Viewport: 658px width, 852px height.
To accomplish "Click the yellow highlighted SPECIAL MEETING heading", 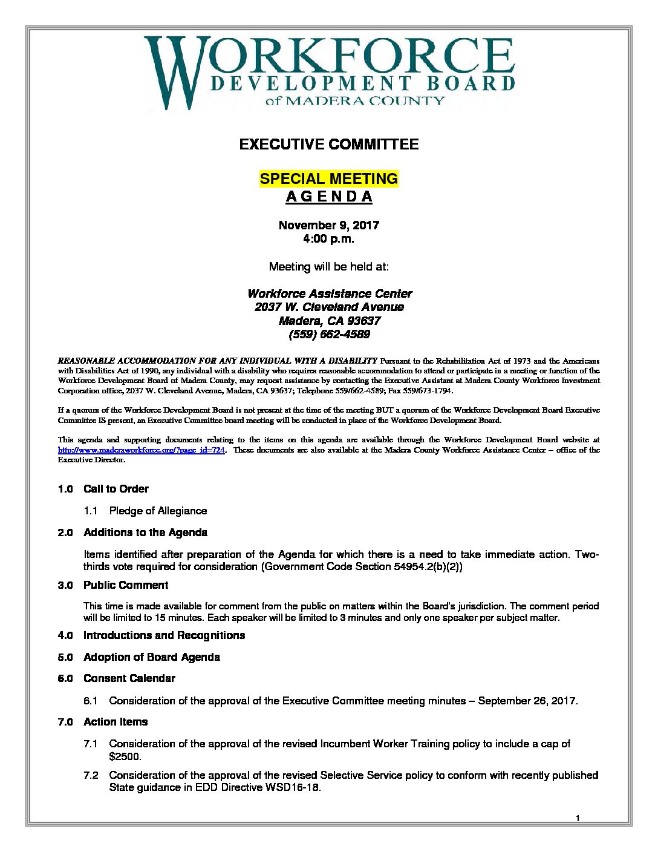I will [329, 179].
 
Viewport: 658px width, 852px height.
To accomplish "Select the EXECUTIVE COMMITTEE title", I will [329, 144].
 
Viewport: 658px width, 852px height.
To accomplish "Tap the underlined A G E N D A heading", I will [329, 197].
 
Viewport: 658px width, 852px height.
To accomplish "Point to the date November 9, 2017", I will [329, 225].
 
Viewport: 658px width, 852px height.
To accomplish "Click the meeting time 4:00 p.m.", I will [329, 238].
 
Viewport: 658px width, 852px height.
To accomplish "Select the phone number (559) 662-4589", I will [329, 334].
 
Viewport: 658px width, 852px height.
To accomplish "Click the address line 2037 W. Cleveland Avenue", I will [329, 307].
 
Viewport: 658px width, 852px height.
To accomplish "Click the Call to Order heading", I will [116, 489].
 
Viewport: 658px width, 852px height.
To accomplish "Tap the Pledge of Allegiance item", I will [158, 511].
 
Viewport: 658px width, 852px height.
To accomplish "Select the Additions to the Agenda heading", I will [145, 532].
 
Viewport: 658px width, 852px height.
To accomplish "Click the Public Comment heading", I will [126, 585].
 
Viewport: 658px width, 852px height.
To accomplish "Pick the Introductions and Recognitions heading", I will [164, 635].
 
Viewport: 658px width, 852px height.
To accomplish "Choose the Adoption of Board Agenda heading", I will [151, 657].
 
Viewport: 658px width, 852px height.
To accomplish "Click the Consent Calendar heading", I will [129, 678].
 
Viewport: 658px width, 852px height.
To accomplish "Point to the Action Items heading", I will [116, 722].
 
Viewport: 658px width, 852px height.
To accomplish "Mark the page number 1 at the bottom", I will [578, 818].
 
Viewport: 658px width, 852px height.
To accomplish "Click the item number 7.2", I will [91, 775].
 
